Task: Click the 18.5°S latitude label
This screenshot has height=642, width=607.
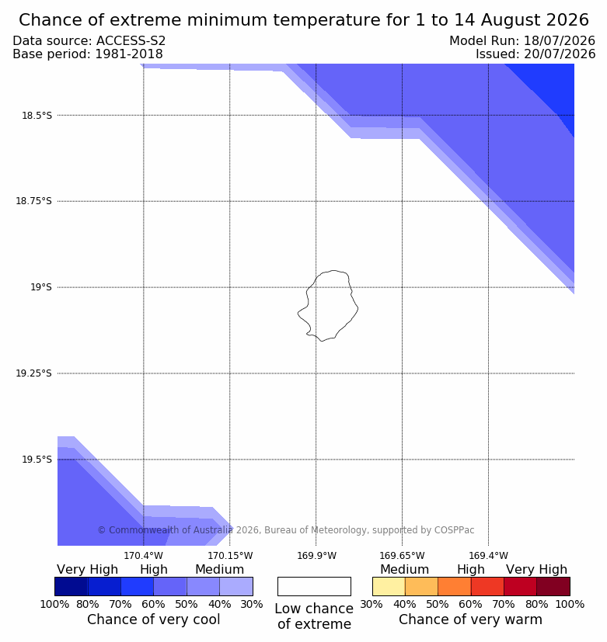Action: tap(37, 116)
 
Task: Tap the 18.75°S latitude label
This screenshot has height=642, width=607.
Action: tap(33, 201)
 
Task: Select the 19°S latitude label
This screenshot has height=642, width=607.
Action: tap(41, 287)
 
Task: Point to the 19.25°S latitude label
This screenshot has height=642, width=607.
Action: tap(33, 373)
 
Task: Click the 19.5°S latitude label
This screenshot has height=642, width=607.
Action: tap(37, 460)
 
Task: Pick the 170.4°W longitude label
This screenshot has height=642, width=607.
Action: tap(144, 556)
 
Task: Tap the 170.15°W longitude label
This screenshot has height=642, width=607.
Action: tap(230, 556)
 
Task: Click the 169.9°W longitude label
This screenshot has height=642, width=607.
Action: tap(316, 556)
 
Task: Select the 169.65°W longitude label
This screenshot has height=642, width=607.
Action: tap(402, 556)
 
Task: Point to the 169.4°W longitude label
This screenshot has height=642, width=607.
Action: tap(489, 556)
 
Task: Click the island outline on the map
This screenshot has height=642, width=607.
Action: tap(358, 307)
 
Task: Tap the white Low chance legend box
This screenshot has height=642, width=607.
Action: tap(314, 586)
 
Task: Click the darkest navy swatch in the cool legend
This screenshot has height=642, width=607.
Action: tap(72, 586)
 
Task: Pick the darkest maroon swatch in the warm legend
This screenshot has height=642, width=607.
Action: tap(553, 586)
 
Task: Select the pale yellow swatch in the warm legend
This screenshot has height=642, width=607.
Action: tap(389, 586)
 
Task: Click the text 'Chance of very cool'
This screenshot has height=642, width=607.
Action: tap(154, 619)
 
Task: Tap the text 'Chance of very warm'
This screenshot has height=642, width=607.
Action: tap(470, 619)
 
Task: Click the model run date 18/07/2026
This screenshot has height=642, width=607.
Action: tap(560, 40)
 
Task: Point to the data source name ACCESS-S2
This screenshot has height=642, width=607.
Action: tap(131, 40)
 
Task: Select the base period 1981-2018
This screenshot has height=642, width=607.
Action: tap(129, 54)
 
